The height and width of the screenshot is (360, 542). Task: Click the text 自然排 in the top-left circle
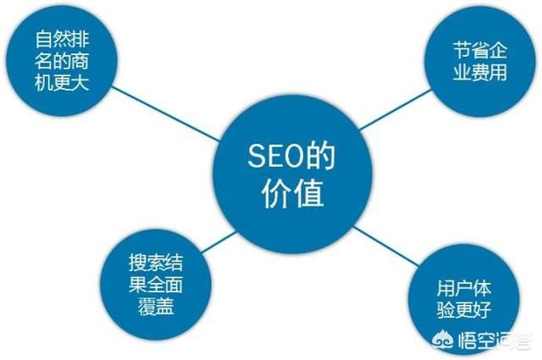(x=62, y=39)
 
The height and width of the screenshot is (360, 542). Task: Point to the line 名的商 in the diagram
(x=62, y=61)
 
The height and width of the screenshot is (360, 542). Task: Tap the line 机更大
(x=62, y=82)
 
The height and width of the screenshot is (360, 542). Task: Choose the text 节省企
(x=480, y=51)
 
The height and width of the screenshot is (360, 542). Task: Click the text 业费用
(x=480, y=72)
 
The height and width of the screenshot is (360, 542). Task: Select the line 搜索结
(x=156, y=263)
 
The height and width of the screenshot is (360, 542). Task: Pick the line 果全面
(x=156, y=285)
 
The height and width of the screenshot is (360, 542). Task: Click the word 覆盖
(x=156, y=306)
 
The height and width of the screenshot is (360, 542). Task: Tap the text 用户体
(x=463, y=288)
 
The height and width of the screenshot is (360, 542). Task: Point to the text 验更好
(x=463, y=310)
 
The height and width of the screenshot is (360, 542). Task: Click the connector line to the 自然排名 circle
(x=166, y=114)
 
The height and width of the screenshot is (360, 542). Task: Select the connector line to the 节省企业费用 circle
(x=395, y=109)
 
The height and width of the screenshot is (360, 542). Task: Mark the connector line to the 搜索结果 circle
(x=219, y=242)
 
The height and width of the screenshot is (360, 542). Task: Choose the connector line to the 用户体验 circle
(x=387, y=246)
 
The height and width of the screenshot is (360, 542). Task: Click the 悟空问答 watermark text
(x=495, y=341)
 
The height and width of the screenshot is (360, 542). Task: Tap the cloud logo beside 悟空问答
(x=444, y=340)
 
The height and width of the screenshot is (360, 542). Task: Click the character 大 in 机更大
(x=80, y=82)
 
